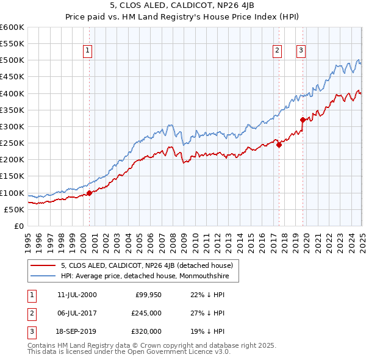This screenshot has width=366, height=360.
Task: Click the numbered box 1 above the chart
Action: pos(88,51)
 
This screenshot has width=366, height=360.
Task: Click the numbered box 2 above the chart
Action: pos(277,51)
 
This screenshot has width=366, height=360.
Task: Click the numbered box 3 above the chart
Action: pos(301,51)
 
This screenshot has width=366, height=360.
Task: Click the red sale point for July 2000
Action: pos(89,193)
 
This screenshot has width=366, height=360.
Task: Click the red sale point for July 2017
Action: pos(279,145)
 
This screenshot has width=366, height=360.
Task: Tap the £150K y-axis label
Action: pos(12,176)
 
